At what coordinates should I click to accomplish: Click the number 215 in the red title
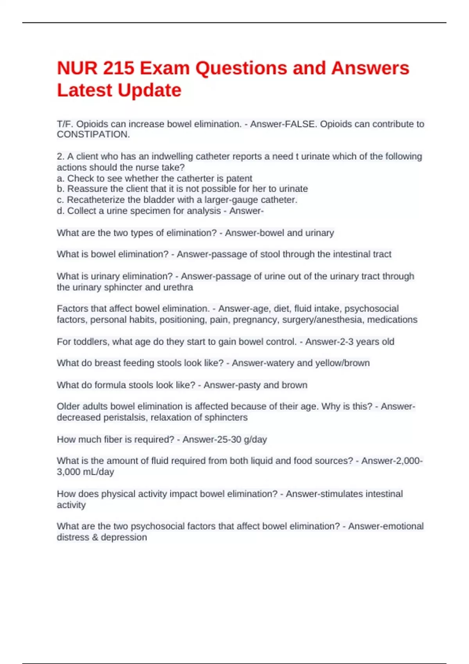pyautogui.click(x=118, y=68)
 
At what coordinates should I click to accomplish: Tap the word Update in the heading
pyautogui.click(x=150, y=91)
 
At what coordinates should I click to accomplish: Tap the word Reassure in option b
pyautogui.click(x=87, y=189)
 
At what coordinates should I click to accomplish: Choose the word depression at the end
pyautogui.click(x=124, y=537)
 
